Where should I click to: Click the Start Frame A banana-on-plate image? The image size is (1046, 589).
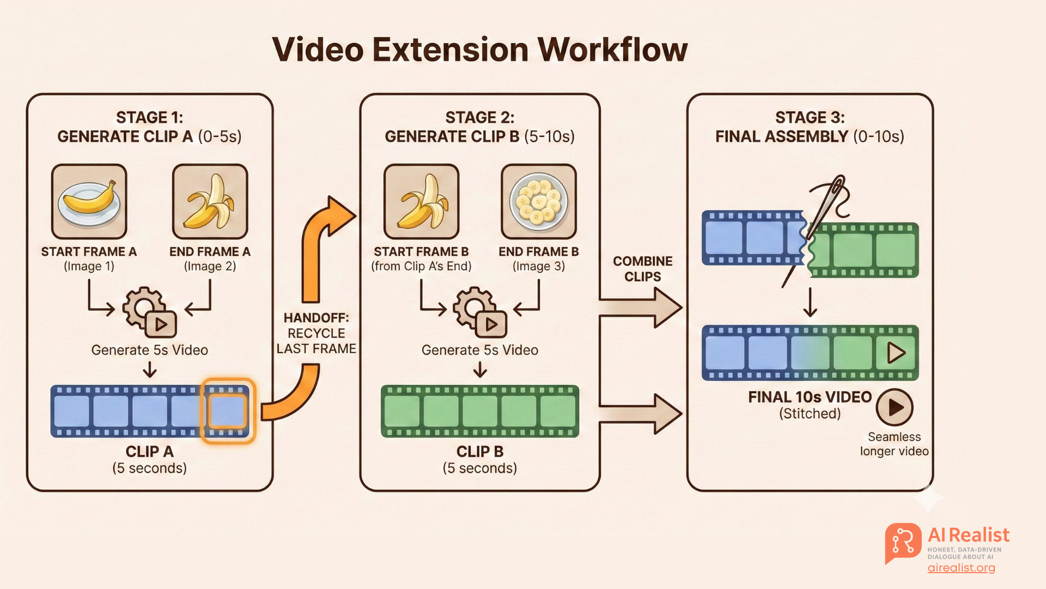[89, 202]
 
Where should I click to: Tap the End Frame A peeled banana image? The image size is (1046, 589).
[210, 202]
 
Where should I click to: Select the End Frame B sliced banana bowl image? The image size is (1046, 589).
[538, 202]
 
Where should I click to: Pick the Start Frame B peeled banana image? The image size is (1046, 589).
[421, 202]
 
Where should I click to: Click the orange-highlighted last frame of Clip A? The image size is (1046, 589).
[228, 411]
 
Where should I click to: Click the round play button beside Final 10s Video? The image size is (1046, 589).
[894, 407]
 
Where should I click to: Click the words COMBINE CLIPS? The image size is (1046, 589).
[642, 269]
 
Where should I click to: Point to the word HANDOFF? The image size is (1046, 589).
[316, 318]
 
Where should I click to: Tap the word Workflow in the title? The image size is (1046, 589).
[612, 50]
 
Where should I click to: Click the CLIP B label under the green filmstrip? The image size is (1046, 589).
[479, 452]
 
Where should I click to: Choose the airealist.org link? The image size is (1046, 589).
[961, 568]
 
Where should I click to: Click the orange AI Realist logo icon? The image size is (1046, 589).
[903, 543]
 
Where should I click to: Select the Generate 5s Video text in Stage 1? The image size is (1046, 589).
[149, 350]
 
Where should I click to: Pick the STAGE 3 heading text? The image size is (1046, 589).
[810, 118]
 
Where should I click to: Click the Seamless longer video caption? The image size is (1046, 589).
[894, 444]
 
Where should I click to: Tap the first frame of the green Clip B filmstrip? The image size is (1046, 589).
[402, 411]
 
